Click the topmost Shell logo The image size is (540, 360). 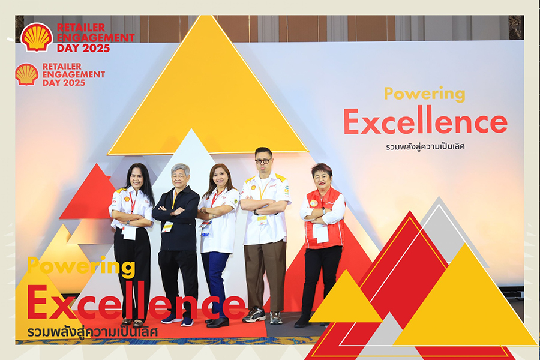(x=37, y=37)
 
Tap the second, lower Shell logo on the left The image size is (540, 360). (x=27, y=74)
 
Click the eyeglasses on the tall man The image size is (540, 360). (x=263, y=161)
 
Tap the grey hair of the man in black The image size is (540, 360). (x=180, y=169)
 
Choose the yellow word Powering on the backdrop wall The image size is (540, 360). (x=425, y=94)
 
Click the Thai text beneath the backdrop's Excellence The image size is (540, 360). (x=425, y=146)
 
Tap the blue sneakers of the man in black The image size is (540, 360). (x=177, y=320)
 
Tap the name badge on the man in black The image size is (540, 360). (x=167, y=227)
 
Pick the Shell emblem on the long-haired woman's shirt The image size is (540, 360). (x=127, y=199)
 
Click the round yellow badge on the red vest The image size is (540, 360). (x=313, y=203)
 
